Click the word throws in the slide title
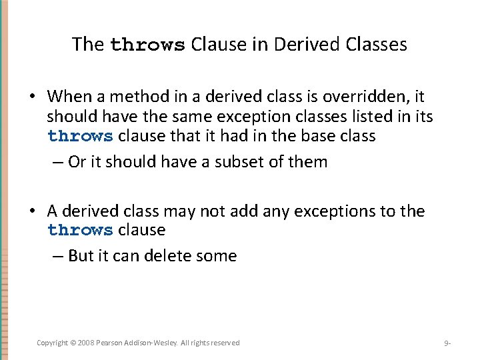[x=147, y=45]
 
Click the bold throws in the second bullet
[x=80, y=231]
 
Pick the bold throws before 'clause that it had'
[x=80, y=137]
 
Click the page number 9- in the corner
[x=447, y=343]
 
